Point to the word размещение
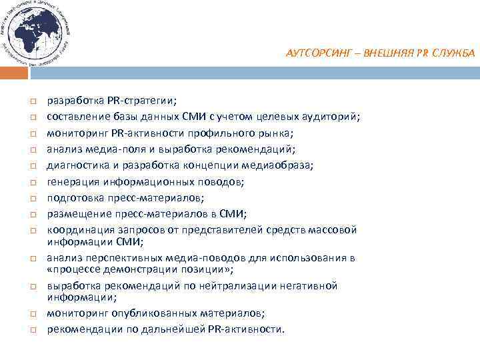tap(75, 213)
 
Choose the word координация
tap(77, 230)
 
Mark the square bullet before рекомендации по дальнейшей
tap(31, 330)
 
